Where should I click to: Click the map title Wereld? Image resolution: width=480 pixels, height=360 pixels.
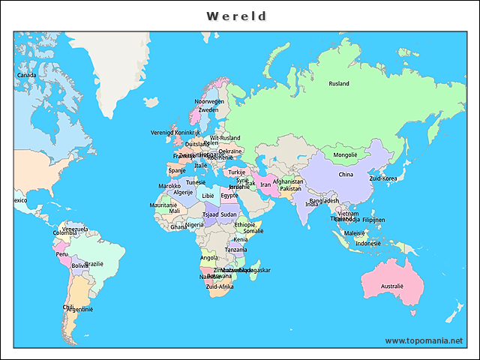point(236,16)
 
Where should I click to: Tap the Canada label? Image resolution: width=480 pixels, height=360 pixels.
point(26,75)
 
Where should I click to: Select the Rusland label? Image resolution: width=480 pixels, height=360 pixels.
point(339,84)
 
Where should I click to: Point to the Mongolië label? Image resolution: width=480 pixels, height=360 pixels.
point(345,155)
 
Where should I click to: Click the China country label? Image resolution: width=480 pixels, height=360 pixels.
point(346,175)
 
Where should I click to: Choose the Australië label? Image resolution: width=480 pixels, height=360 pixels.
point(391,286)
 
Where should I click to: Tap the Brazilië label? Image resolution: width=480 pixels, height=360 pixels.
point(94,264)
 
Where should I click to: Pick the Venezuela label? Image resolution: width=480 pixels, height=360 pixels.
point(74,229)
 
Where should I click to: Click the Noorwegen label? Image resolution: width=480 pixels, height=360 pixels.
point(209,101)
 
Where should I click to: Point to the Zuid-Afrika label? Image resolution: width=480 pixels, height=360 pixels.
point(220,286)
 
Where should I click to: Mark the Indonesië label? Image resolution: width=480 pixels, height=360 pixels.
point(367,244)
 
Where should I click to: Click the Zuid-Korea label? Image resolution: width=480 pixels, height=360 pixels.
point(383,179)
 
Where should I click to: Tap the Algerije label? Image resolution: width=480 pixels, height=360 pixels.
point(184,192)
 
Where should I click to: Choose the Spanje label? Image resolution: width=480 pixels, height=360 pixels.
point(177,170)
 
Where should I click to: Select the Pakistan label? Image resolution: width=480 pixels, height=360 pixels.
point(290,189)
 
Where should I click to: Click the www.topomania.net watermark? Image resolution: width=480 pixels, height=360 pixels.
point(424,340)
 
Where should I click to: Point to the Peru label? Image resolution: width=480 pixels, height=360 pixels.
point(62,254)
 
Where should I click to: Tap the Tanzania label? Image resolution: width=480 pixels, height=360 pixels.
point(235,250)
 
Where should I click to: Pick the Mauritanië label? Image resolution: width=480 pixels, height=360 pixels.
point(163,205)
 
